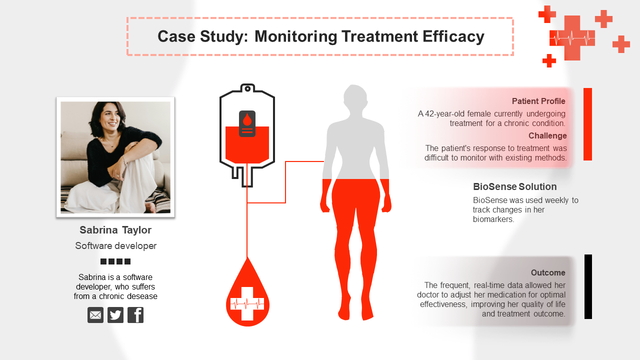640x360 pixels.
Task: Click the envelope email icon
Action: click(x=95, y=315)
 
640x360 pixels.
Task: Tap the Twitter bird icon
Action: click(x=115, y=315)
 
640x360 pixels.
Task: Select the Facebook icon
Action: click(x=135, y=315)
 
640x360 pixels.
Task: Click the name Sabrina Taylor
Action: click(x=115, y=230)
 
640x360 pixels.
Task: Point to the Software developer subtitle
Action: click(x=115, y=246)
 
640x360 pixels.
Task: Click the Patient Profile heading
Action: click(x=538, y=101)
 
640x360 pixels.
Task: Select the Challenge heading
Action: click(x=547, y=136)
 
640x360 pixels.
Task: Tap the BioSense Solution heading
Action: click(x=514, y=187)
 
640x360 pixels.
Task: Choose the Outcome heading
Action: click(x=548, y=273)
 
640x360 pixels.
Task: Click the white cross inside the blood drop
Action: click(x=247, y=303)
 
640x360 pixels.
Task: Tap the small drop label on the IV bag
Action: click(x=247, y=123)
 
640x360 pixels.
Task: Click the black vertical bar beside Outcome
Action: click(x=588, y=286)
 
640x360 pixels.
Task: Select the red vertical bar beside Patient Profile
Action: click(x=587, y=124)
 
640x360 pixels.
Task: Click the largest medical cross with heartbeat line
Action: click(x=572, y=38)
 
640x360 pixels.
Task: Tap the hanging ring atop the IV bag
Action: click(x=247, y=88)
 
